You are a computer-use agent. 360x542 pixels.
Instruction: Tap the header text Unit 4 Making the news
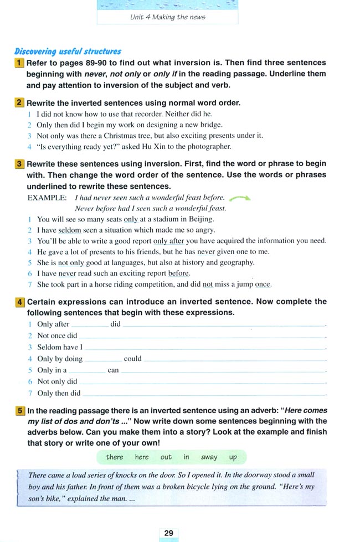click(167, 17)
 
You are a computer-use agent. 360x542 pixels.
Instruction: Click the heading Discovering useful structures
click(68, 51)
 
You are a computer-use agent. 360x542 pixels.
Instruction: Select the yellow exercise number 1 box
click(19, 63)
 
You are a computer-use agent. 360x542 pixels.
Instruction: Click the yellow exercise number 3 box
click(19, 164)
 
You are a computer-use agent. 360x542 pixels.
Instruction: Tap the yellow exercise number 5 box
click(19, 411)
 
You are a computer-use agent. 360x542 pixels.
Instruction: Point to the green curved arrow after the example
click(239, 198)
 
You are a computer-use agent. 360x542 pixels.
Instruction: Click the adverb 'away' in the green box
click(209, 457)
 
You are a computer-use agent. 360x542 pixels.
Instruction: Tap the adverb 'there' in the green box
click(115, 457)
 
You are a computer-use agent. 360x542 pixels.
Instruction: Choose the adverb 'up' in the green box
click(233, 457)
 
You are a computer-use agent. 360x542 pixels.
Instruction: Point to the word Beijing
click(200, 219)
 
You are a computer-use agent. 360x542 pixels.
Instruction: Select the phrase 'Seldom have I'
click(60, 347)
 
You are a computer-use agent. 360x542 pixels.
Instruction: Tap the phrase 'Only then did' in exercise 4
click(59, 393)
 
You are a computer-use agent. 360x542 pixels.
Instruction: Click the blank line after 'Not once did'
click(202, 336)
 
